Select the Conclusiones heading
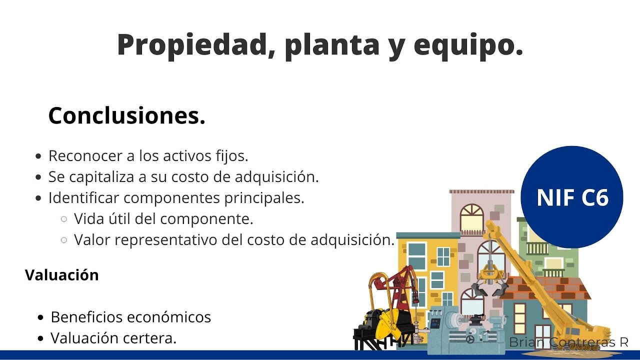pos(127,116)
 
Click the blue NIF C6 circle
pos(572,197)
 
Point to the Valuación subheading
pos(62,275)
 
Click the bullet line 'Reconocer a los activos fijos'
pos(148,156)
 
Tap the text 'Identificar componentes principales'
pos(176,198)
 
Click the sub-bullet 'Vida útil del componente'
pos(163,219)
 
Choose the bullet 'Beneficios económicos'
pos(130,317)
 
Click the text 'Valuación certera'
pos(113,338)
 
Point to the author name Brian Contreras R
pos(568,342)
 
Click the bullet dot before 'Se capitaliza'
pos(39,177)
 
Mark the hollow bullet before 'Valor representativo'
pos(64,240)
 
